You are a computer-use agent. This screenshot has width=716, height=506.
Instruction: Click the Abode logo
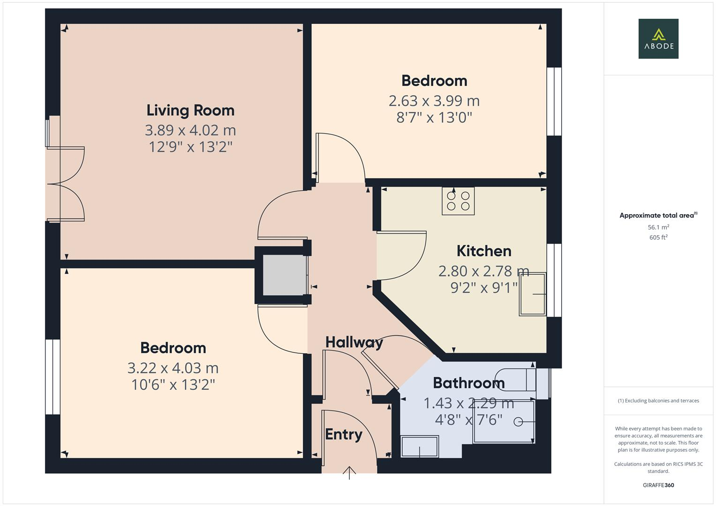(658, 39)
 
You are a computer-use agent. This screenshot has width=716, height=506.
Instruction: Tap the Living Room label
(190, 111)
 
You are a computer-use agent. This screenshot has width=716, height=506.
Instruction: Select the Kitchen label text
(484, 251)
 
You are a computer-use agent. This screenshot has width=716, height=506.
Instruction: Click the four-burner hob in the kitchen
(458, 201)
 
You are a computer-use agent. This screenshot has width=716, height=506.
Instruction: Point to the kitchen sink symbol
(533, 294)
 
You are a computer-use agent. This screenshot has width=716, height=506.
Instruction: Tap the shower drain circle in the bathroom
(518, 422)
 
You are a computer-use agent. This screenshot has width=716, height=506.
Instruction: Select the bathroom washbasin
(420, 446)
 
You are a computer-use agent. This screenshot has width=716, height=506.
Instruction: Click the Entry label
(344, 435)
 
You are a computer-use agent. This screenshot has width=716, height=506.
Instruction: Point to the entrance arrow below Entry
(349, 472)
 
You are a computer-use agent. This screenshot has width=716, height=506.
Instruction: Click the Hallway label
(354, 342)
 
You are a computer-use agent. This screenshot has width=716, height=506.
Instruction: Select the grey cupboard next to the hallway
(284, 275)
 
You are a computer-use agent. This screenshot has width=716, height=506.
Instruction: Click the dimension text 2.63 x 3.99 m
(434, 101)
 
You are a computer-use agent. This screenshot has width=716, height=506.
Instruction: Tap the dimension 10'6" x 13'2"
(173, 385)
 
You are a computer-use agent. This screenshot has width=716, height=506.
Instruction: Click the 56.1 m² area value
(658, 227)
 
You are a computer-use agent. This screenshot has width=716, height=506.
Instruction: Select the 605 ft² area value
(658, 238)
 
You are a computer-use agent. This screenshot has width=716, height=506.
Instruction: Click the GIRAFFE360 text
(658, 485)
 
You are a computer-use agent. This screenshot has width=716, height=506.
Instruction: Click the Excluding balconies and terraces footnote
(658, 401)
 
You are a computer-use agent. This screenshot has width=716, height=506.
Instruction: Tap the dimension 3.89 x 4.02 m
(190, 130)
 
